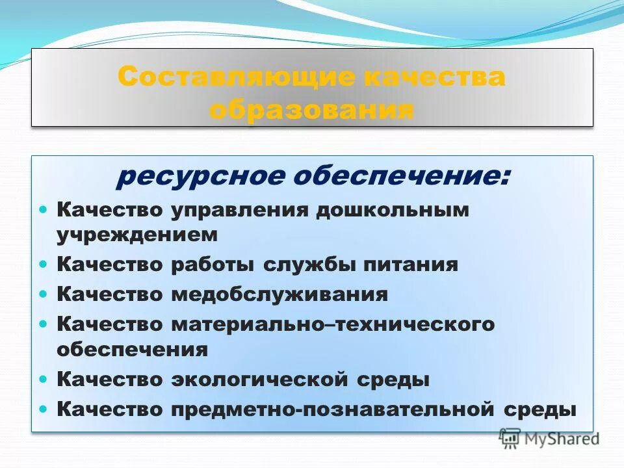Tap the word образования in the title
311,109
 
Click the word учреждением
137,235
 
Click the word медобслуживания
279,294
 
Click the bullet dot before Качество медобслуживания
44,294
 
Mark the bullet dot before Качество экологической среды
44,378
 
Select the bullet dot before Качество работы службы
44,265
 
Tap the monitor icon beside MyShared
510,437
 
